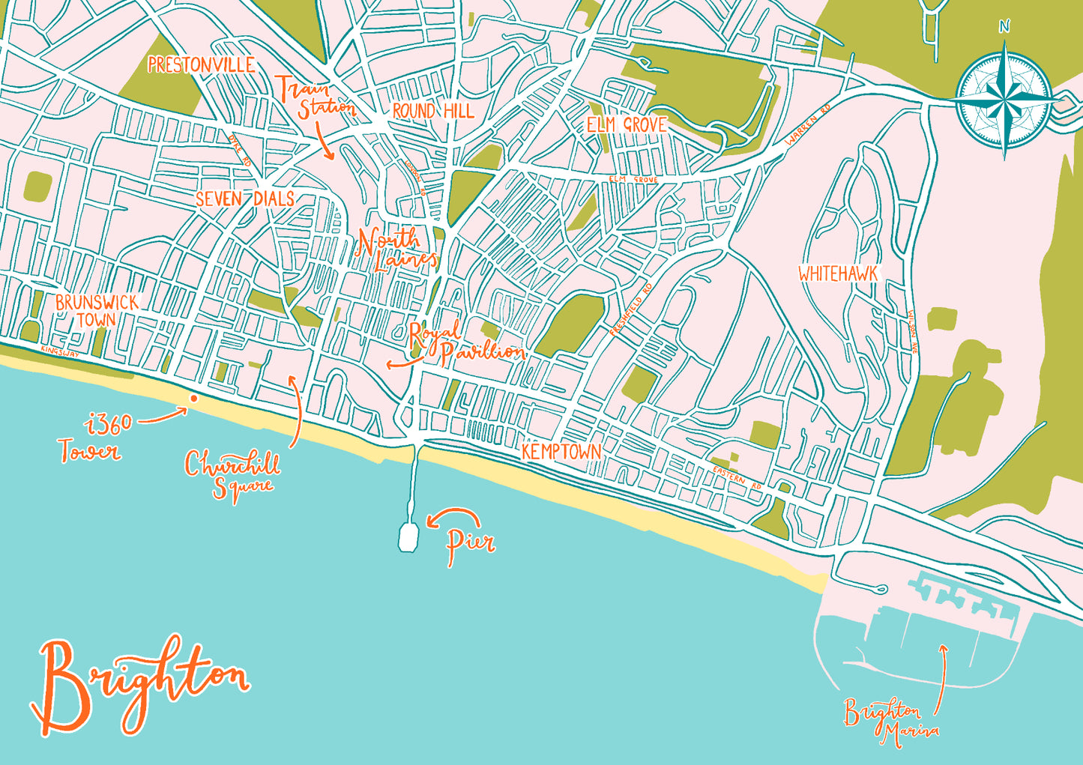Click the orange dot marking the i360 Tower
pos(193,399)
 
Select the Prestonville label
pos(201,65)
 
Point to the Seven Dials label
pos(244,199)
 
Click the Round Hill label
pos(432,112)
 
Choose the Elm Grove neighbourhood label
pos(626,124)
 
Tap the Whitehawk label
pos(837,274)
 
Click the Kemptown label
pos(561,451)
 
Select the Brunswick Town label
pos(97,311)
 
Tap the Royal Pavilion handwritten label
pos(466,343)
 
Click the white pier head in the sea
pos(408,537)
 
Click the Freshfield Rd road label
pos(630,309)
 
